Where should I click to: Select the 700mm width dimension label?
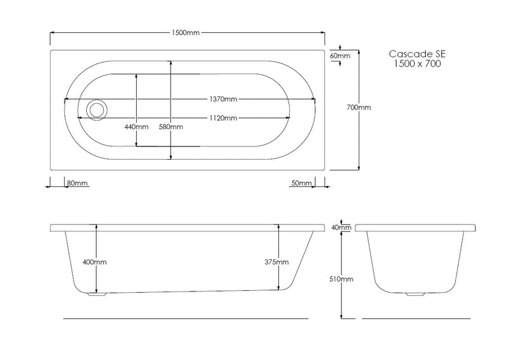360,108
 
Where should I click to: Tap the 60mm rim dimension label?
340,56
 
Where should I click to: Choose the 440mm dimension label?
136,127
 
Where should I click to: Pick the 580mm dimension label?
171,127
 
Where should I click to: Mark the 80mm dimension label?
77,183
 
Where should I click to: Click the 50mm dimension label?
301,183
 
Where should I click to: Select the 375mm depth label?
278,262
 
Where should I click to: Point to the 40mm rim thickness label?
341,227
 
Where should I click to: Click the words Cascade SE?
415,55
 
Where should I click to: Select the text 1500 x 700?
415,65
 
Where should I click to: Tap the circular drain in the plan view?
98,109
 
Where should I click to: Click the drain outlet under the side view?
94,294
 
